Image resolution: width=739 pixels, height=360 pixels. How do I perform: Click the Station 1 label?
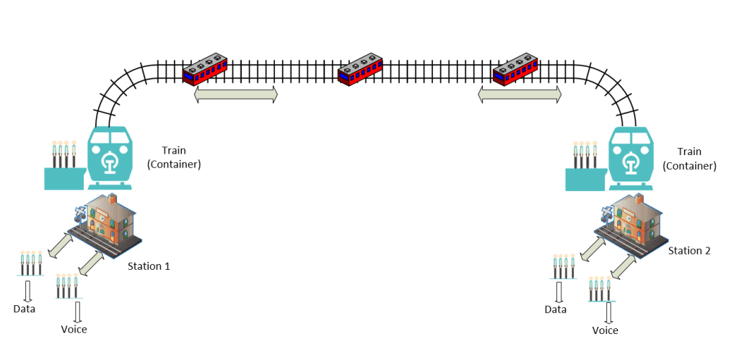(x=149, y=266)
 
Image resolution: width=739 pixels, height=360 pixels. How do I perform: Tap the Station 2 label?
(x=689, y=250)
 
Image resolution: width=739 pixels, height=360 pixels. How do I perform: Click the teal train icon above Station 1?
(x=110, y=158)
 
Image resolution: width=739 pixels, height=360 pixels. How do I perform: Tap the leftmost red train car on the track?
(x=205, y=70)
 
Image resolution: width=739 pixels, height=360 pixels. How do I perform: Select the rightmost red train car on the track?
(x=515, y=70)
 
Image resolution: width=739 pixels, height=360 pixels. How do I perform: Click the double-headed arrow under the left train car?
(x=236, y=94)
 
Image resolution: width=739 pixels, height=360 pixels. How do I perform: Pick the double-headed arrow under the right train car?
(x=520, y=94)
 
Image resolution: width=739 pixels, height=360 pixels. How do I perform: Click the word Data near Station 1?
(x=25, y=309)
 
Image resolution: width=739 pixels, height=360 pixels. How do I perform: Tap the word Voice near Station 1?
(x=74, y=329)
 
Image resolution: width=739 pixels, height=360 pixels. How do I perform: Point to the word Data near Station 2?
(x=556, y=309)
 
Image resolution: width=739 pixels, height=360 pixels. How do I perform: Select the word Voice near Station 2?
(x=605, y=330)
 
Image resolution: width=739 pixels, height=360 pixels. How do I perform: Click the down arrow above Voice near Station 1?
(x=77, y=312)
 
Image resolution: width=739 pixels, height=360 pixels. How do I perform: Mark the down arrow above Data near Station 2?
(x=559, y=293)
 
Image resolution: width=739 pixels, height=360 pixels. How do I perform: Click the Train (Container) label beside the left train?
(x=174, y=158)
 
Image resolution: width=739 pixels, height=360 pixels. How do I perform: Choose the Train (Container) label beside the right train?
(x=689, y=159)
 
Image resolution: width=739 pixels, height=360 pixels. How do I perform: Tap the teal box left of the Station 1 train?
(x=65, y=179)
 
